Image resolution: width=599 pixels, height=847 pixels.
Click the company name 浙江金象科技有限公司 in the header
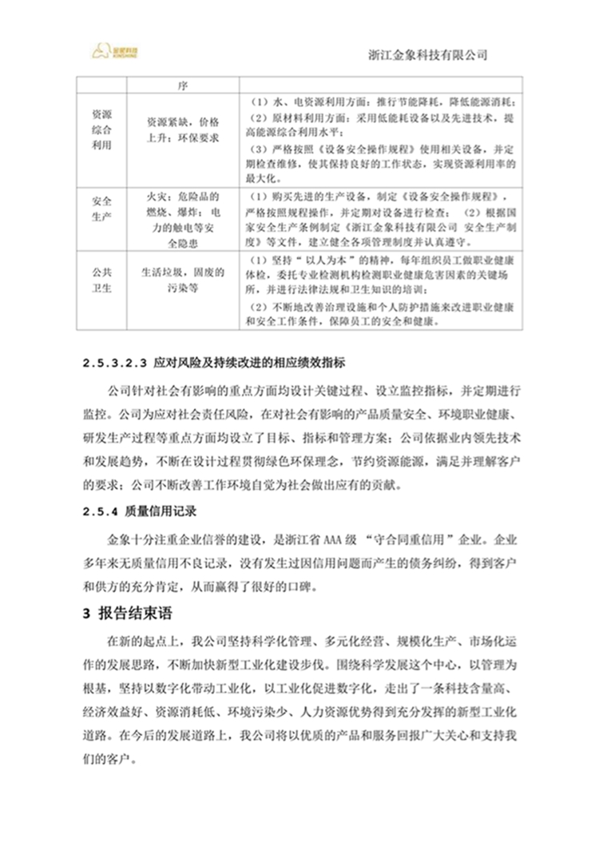[x=429, y=54]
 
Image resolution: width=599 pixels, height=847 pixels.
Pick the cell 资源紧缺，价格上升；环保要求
[x=181, y=129]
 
